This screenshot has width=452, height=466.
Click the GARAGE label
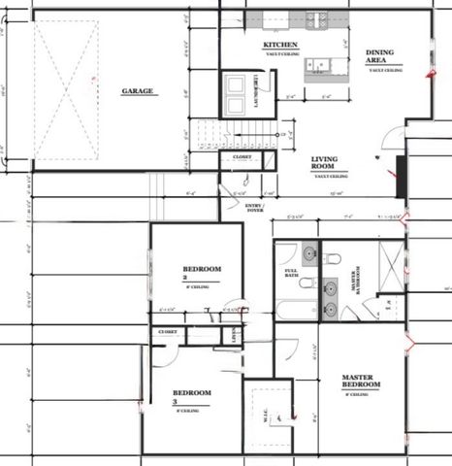pos(138,92)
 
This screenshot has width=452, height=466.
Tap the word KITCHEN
pos(279,46)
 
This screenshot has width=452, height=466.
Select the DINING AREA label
pos(378,58)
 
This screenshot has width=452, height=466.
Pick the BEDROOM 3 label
pos(192,394)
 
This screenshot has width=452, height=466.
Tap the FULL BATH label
pos(291,275)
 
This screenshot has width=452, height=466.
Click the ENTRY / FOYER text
pos(255,206)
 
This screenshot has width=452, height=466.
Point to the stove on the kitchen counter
pos(316,17)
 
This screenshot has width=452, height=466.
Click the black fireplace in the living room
pos(398,176)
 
